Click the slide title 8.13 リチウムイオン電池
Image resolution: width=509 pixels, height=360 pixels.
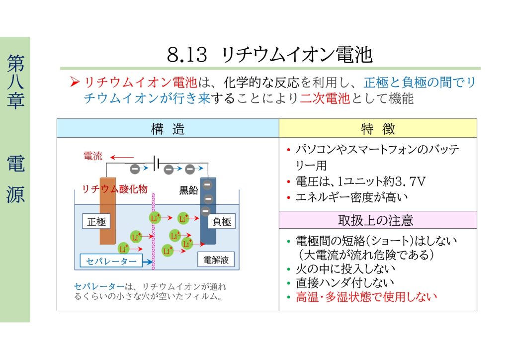click(x=269, y=55)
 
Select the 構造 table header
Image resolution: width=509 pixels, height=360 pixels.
click(x=168, y=129)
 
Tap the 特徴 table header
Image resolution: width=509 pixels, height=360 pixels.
click(x=378, y=129)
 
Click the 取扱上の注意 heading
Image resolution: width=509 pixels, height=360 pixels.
click(x=376, y=220)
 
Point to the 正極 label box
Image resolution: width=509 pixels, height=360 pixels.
click(x=96, y=221)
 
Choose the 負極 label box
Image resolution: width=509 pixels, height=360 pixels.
click(x=221, y=221)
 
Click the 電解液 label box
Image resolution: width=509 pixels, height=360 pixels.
click(x=216, y=260)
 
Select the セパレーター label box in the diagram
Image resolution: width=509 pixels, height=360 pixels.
click(x=111, y=261)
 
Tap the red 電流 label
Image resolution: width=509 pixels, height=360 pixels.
click(x=93, y=156)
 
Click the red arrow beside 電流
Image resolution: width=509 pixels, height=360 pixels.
click(x=122, y=158)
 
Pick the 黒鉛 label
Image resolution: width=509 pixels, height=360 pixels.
click(x=188, y=190)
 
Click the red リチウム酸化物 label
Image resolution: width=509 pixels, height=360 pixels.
click(x=115, y=189)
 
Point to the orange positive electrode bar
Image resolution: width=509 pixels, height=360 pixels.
click(x=107, y=211)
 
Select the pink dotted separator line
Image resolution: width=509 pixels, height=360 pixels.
click(x=154, y=231)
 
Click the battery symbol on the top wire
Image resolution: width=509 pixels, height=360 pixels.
click(x=157, y=162)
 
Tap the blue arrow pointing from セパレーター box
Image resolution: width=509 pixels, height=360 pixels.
click(x=147, y=262)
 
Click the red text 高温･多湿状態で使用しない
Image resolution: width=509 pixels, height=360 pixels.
click(x=366, y=297)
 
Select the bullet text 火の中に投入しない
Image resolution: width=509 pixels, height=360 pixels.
click(x=345, y=269)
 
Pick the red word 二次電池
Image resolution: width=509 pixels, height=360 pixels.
click(x=325, y=98)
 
